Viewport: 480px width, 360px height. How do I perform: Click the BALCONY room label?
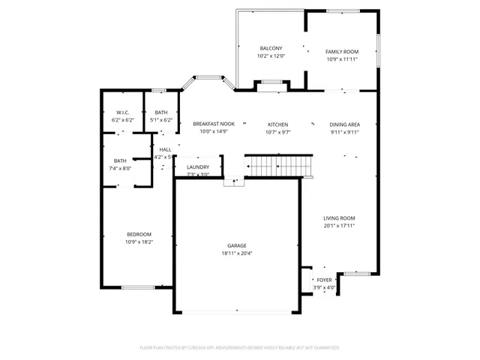tap(271, 48)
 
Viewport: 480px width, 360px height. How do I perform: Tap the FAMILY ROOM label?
tap(341, 52)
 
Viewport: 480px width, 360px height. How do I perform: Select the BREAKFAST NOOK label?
tap(214, 124)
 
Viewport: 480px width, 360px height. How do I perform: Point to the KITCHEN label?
tap(278, 124)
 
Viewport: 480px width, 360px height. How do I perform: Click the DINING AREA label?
tap(344, 124)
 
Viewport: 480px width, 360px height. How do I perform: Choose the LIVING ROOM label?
tap(339, 217)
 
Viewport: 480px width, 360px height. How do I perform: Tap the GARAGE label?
tap(237, 245)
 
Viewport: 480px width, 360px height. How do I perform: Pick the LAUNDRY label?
tap(198, 167)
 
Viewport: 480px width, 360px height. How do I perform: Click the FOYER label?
tap(324, 280)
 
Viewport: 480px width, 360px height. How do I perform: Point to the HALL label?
tap(165, 150)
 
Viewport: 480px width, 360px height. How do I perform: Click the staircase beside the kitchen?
tap(279, 165)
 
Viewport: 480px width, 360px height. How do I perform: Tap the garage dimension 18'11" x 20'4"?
tap(237, 253)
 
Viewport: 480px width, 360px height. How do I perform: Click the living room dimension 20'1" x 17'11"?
tap(339, 225)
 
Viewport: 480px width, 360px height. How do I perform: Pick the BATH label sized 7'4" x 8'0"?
tap(120, 160)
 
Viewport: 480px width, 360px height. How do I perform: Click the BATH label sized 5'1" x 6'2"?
tap(161, 112)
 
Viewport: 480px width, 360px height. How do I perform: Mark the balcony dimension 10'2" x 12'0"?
tap(271, 55)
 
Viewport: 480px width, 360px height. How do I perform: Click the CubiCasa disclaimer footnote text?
tap(240, 347)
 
